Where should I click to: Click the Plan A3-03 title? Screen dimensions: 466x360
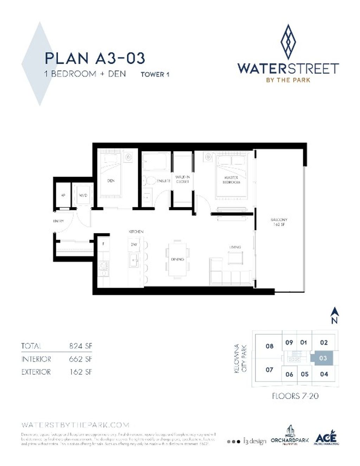[95, 58]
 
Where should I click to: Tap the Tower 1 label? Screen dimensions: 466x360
[155, 75]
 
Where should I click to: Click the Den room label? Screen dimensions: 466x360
[111, 181]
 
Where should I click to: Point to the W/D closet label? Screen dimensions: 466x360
[83, 195]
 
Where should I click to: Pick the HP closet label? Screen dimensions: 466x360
[63, 195]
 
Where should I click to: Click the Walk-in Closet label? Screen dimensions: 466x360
[182, 179]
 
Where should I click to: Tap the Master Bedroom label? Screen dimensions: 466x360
[231, 180]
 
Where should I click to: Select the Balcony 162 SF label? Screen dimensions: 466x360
[279, 222]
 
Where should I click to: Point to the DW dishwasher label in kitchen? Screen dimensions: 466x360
[134, 245]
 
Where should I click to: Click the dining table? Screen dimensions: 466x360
[177, 259]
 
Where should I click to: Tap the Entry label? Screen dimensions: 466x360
[58, 221]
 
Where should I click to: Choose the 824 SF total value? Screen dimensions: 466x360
[81, 346]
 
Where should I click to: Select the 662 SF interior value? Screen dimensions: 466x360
[81, 359]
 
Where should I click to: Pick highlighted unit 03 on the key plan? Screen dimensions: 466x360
[323, 358]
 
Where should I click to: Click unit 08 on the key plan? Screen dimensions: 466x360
[269, 346]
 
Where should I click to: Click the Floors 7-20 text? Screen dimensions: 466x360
[295, 396]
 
